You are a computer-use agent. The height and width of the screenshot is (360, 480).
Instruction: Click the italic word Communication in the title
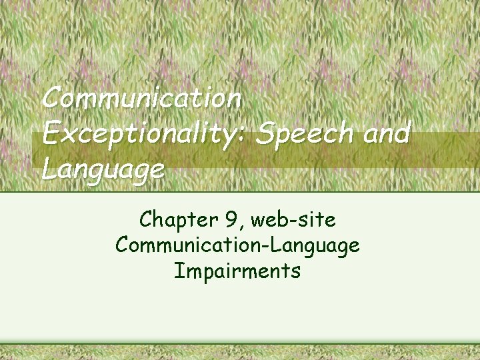(141, 99)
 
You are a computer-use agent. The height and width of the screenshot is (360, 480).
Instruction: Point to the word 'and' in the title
(384, 133)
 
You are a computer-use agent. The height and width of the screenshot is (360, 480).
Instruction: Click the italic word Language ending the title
(103, 169)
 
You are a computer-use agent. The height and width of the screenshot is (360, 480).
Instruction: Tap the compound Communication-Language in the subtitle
(238, 245)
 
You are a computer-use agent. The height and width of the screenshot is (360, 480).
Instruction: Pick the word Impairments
(238, 271)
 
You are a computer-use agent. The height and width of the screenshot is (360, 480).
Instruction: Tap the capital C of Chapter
(146, 219)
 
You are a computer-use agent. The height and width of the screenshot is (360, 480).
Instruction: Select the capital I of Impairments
(178, 271)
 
